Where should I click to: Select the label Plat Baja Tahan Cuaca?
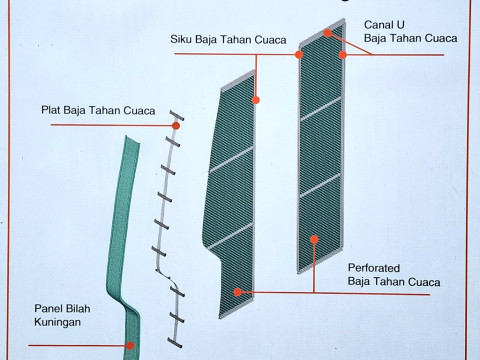tap(98, 111)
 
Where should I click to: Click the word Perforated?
tap(372, 267)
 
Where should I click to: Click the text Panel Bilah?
tap(63, 308)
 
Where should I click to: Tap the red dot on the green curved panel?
tap(129, 346)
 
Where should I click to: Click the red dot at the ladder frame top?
tap(177, 125)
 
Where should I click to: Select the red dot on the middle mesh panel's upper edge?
tap(256, 100)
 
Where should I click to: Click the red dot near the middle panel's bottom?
tap(237, 291)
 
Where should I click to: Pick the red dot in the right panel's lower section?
tap(315, 238)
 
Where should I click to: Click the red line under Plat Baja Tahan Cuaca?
tap(110, 125)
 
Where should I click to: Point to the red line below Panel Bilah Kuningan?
tap(70, 346)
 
